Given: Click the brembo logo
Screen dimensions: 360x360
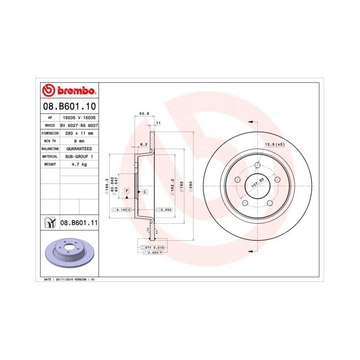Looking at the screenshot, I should [68, 91].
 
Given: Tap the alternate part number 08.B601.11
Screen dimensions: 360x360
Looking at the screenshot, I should [79, 223].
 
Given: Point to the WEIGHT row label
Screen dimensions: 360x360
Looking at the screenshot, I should [50, 164].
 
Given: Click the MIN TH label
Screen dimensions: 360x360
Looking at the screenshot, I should [50, 140].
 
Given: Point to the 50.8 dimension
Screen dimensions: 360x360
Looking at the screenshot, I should [144, 113].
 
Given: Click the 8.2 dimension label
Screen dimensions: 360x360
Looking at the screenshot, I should [144, 145].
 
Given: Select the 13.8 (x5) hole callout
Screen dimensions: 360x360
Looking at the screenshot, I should [275, 145].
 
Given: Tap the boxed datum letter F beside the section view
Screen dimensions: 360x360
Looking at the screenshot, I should [127, 191].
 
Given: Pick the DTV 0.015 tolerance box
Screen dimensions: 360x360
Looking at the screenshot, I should [153, 247].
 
